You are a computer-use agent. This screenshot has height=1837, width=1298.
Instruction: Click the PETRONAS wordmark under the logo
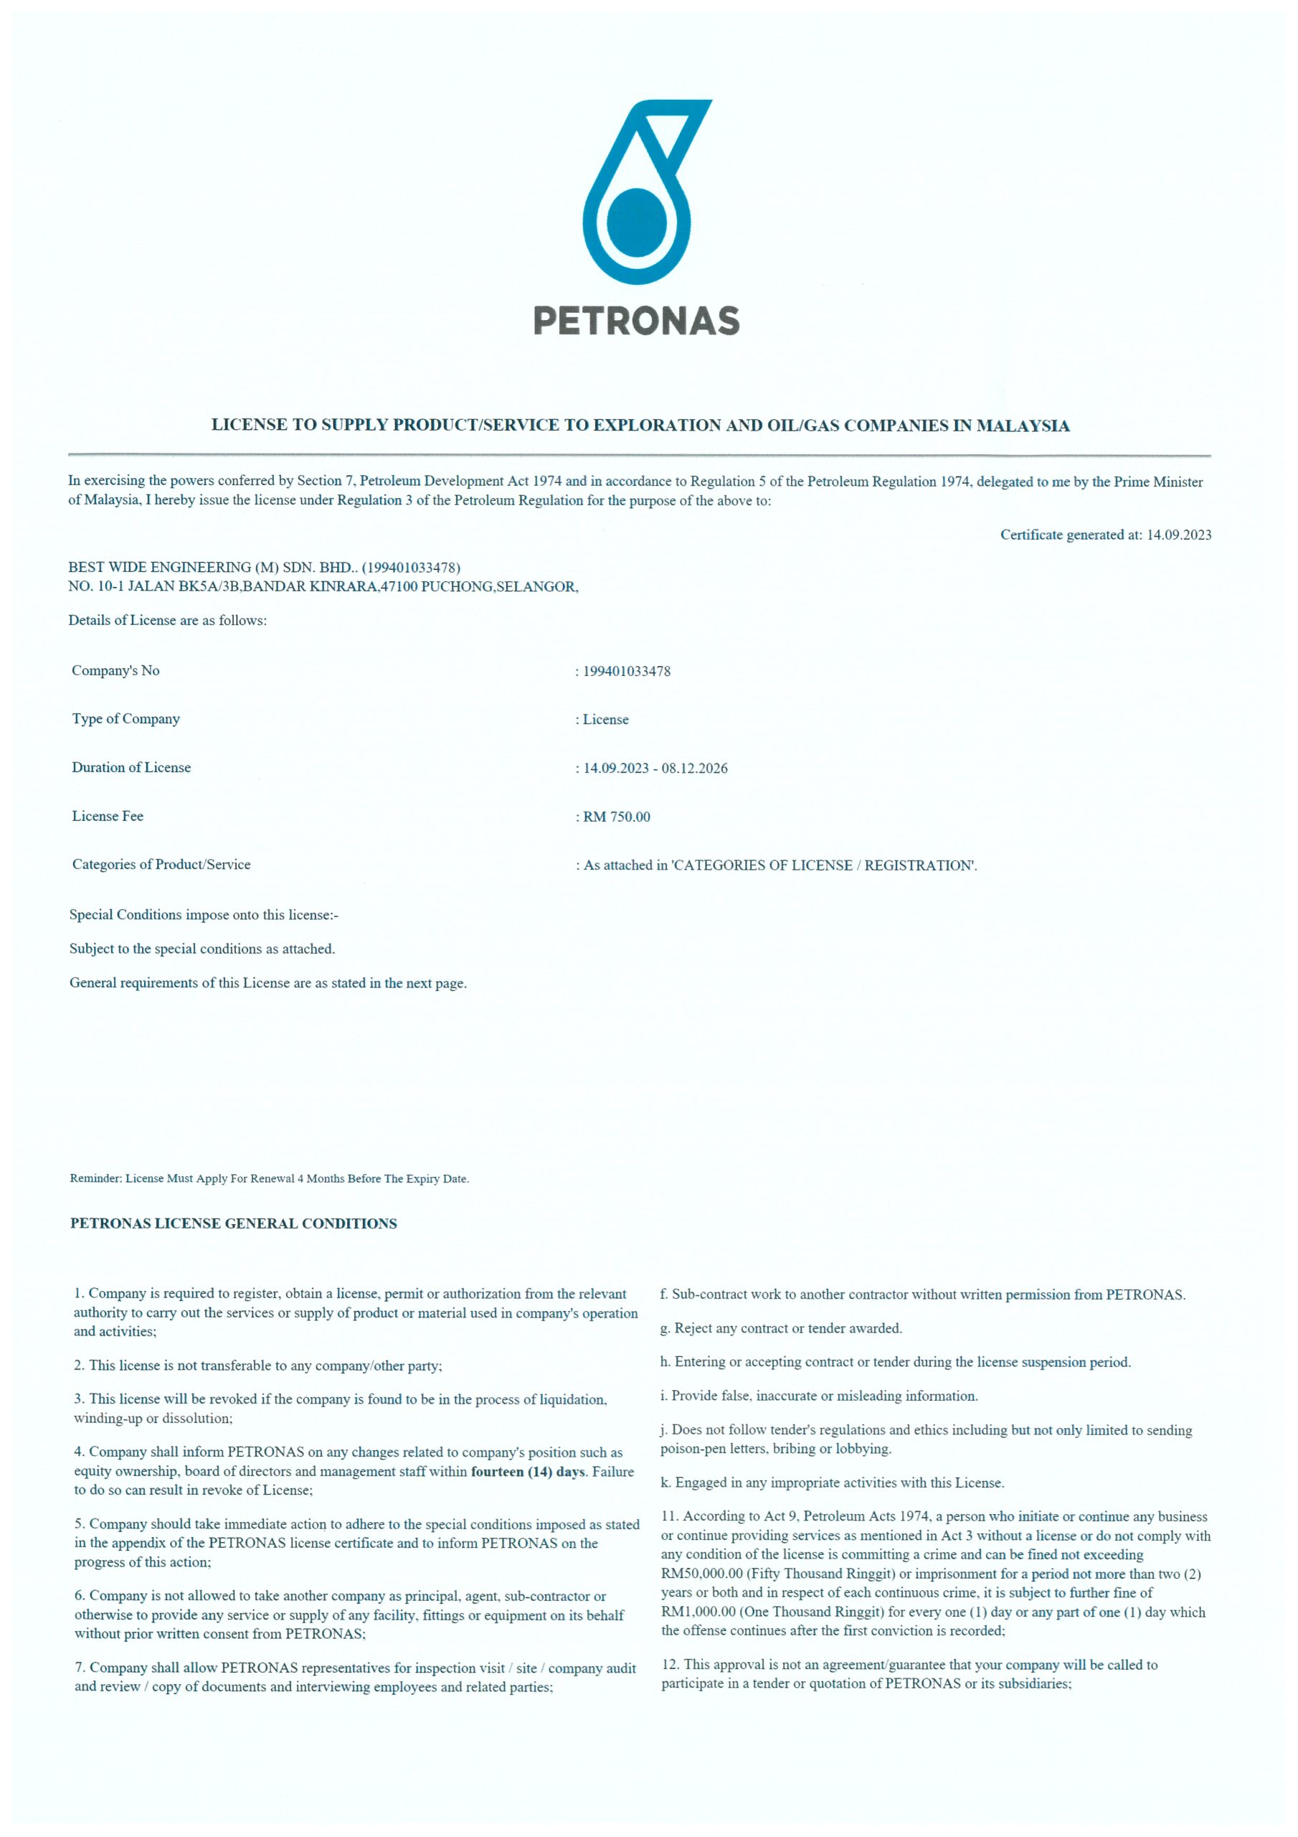[636, 321]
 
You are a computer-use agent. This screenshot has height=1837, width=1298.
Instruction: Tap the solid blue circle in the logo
[637, 222]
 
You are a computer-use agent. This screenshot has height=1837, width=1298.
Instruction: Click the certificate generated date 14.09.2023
[1179, 535]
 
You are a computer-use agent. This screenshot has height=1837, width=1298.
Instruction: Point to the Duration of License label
[131, 767]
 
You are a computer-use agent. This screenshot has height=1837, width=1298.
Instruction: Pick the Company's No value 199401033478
[626, 671]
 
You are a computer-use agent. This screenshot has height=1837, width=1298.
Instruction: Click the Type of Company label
[125, 718]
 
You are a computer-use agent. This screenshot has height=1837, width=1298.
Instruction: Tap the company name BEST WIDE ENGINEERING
[171, 568]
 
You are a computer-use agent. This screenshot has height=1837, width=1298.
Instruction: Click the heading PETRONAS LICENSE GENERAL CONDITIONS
[234, 1223]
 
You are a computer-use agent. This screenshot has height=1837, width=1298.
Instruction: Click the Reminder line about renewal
[269, 1178]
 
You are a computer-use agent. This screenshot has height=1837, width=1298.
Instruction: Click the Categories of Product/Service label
[161, 864]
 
